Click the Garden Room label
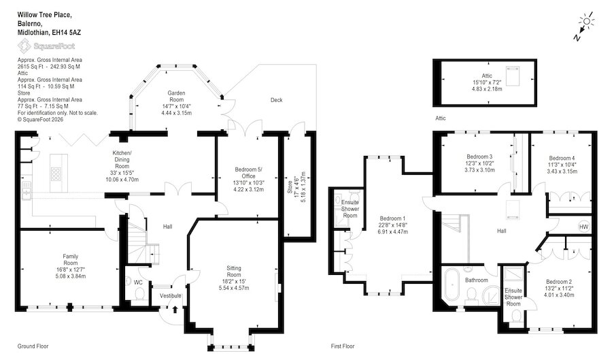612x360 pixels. pyautogui.click(x=176, y=97)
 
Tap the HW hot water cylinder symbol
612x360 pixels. pyautogui.click(x=583, y=227)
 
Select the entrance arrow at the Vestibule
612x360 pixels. pyautogui.click(x=175, y=309)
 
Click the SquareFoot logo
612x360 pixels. pyautogui.click(x=46, y=46)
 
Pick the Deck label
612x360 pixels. pyautogui.click(x=276, y=100)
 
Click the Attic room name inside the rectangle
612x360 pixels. pyautogui.click(x=487, y=76)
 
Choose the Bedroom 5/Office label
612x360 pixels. pyautogui.click(x=249, y=173)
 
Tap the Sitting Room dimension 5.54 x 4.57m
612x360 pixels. pyautogui.click(x=234, y=288)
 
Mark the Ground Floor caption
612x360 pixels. pyautogui.click(x=33, y=346)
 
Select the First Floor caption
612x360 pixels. pyautogui.click(x=343, y=346)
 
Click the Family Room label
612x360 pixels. pyautogui.click(x=71, y=260)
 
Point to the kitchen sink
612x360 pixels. pyautogui.click(x=26, y=190)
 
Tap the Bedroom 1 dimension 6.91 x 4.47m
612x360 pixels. pyautogui.click(x=392, y=231)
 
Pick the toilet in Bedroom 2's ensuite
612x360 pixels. pyautogui.click(x=516, y=316)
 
